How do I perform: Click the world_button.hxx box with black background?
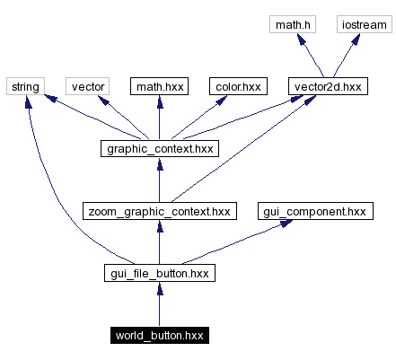tap(159, 336)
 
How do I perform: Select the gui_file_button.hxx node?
tap(159, 274)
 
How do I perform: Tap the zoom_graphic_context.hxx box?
tap(159, 212)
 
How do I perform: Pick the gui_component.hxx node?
tap(313, 212)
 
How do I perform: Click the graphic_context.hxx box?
tap(159, 149)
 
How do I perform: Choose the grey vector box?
tap(88, 87)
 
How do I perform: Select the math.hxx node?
tap(159, 87)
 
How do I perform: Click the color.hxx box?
tap(237, 87)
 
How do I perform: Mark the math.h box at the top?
tap(294, 25)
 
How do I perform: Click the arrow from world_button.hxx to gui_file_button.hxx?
tap(159, 305)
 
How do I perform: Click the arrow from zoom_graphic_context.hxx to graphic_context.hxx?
tap(159, 180)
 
